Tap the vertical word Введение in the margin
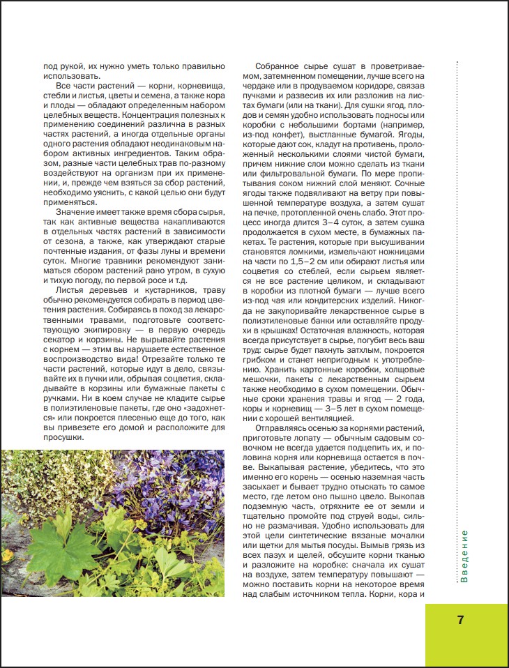(464, 556)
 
